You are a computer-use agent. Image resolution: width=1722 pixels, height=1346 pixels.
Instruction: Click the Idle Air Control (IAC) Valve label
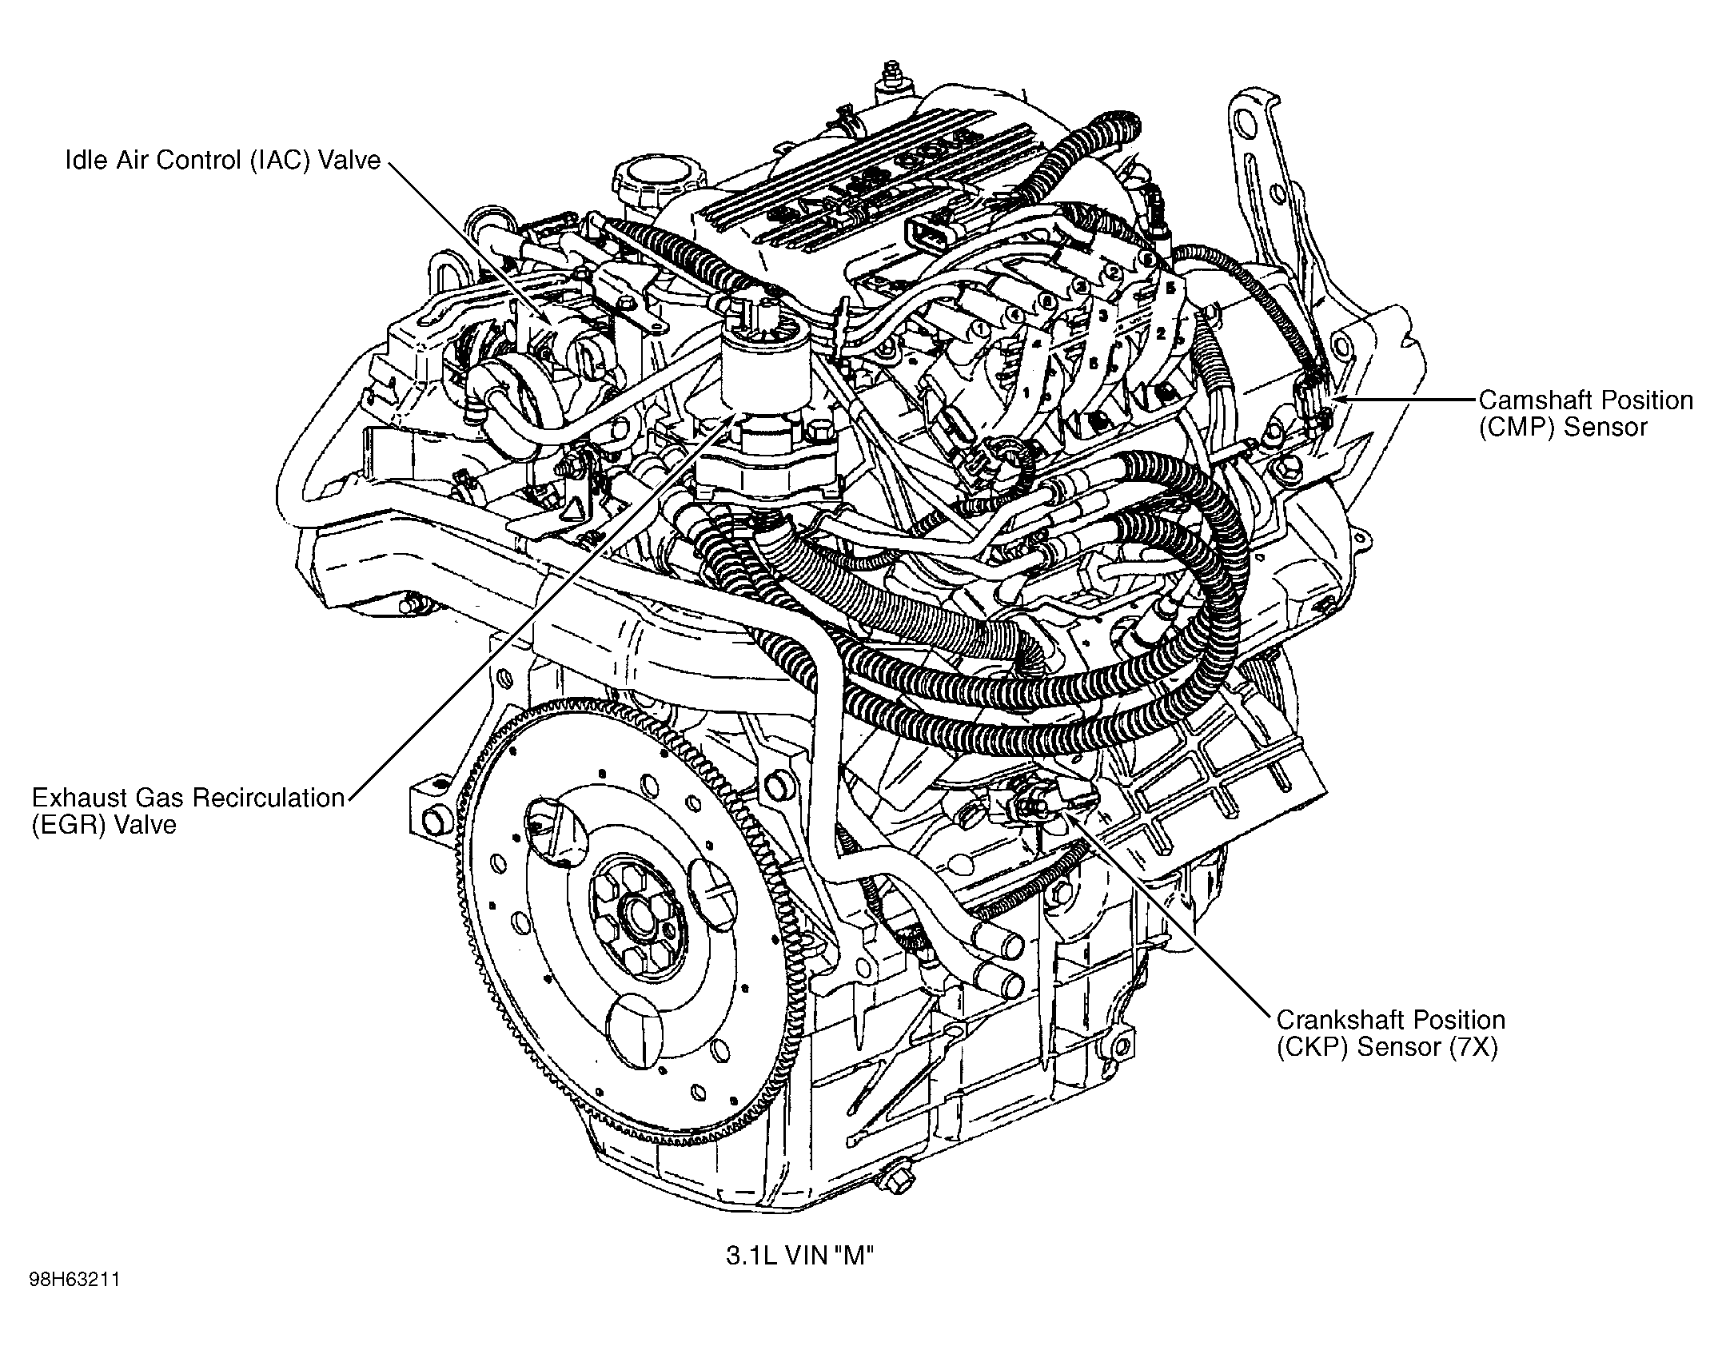point(222,161)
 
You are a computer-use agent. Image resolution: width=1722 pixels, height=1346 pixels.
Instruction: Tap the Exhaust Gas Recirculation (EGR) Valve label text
point(187,810)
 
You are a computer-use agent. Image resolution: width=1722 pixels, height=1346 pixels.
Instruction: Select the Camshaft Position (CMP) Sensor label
point(1584,413)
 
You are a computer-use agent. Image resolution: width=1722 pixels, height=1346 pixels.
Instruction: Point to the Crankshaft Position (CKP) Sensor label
point(1390,1033)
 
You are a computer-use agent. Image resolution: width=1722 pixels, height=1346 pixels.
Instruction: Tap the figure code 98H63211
point(75,1302)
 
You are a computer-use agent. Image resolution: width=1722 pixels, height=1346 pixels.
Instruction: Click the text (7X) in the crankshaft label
point(1472,1047)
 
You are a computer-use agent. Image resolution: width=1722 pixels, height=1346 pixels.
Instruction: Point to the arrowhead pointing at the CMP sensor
point(1340,399)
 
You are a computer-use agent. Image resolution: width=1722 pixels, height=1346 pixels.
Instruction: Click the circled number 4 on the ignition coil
point(1015,315)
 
